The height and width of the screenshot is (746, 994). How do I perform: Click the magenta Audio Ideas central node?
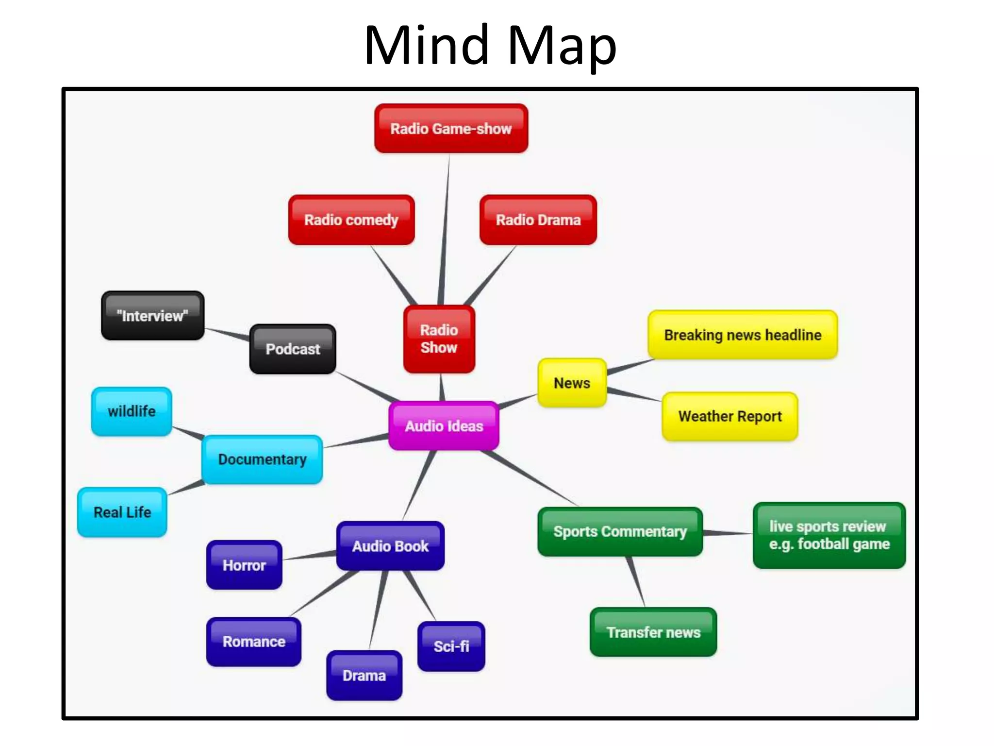coord(444,426)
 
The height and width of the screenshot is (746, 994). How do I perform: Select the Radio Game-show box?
coord(451,129)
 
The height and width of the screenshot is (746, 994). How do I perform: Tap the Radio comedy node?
coord(351,220)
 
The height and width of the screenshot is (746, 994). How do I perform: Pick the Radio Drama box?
coord(538,220)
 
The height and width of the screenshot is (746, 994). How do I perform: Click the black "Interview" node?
coord(152,316)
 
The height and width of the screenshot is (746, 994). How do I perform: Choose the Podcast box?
coord(293,349)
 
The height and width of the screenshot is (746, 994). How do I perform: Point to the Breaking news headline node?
coord(743,335)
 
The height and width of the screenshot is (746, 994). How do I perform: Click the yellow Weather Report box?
coord(729,416)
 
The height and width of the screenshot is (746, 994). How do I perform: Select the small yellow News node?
coord(572,383)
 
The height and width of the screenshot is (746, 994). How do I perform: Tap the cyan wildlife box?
coord(132,411)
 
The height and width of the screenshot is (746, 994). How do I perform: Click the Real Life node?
coord(122,512)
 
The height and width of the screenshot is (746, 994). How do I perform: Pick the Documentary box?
coord(262,459)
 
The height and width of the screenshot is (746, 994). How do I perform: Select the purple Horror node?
coord(244,565)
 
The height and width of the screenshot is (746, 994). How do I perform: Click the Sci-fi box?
coord(451,646)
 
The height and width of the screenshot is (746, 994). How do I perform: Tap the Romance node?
coord(254,642)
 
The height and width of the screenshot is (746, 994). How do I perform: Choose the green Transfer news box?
coord(653,632)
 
